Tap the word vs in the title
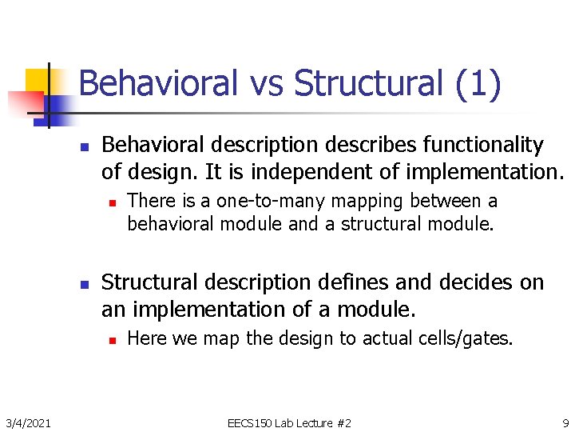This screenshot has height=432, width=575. click(x=267, y=84)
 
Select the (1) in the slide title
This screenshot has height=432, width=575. click(x=478, y=84)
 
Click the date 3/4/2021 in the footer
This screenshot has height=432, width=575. click(x=29, y=422)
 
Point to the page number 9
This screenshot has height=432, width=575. click(x=565, y=422)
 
